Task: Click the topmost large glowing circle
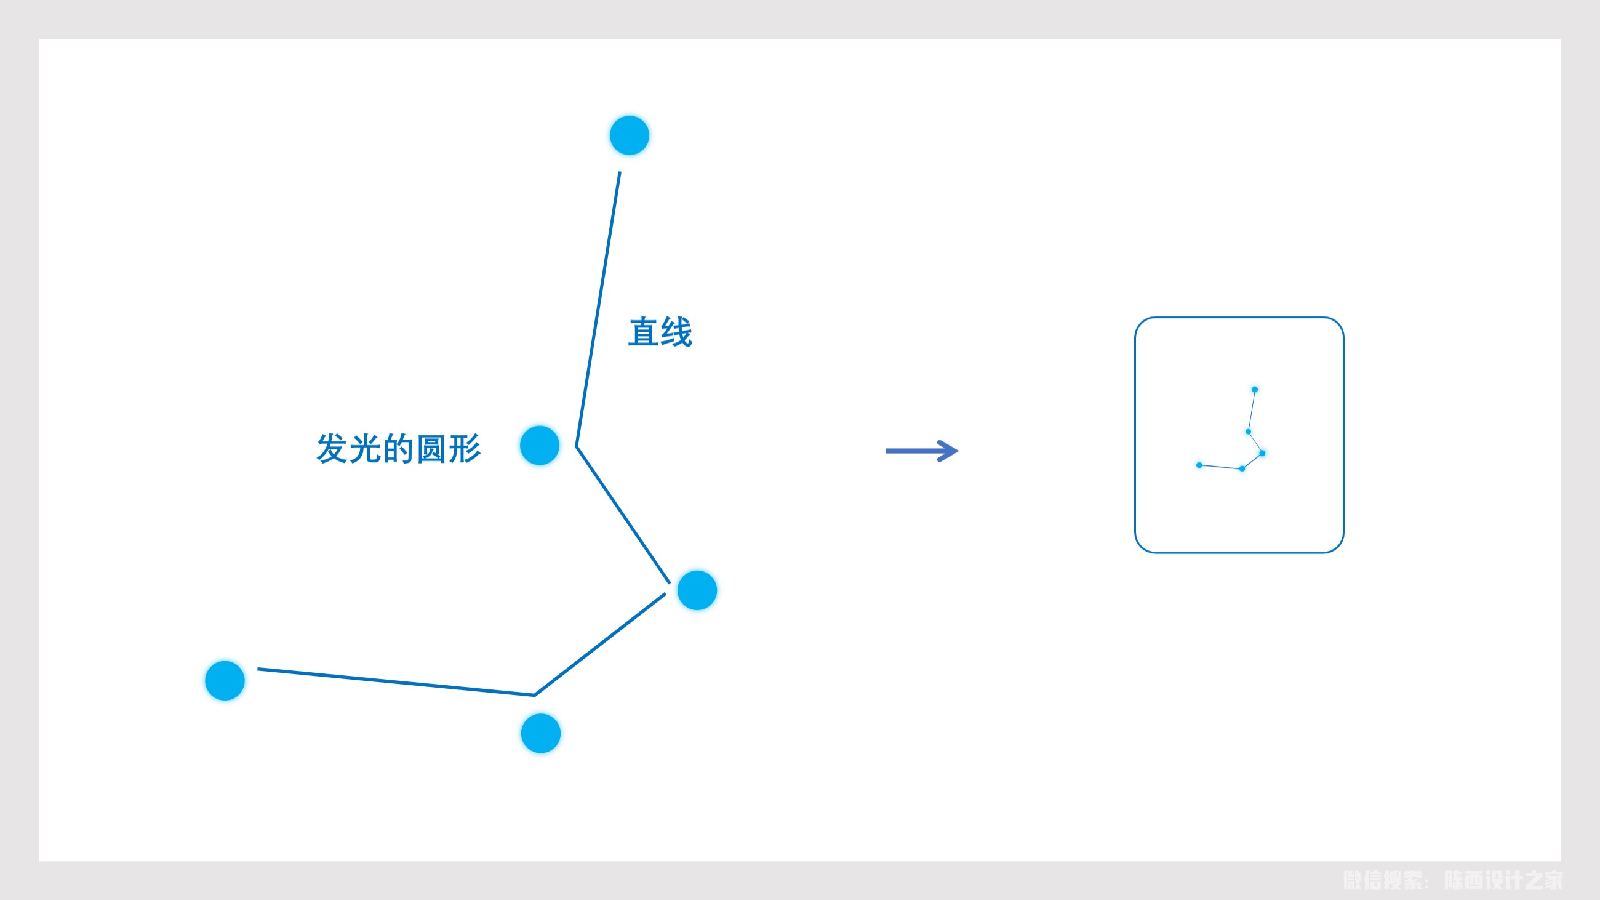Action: [629, 135]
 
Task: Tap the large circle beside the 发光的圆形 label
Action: [540, 445]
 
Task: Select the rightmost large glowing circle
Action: [697, 590]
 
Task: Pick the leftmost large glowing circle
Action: [225, 681]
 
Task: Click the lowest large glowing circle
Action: [541, 734]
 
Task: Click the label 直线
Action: [660, 332]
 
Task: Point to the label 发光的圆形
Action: [398, 448]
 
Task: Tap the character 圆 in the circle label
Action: [431, 448]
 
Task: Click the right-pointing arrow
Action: [922, 451]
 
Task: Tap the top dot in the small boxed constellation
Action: [1255, 390]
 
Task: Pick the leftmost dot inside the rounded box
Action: [1199, 465]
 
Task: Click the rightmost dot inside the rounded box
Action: [1262, 454]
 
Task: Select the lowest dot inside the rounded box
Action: [1242, 469]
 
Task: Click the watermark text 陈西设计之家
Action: [1503, 880]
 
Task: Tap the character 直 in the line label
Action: [644, 332]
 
